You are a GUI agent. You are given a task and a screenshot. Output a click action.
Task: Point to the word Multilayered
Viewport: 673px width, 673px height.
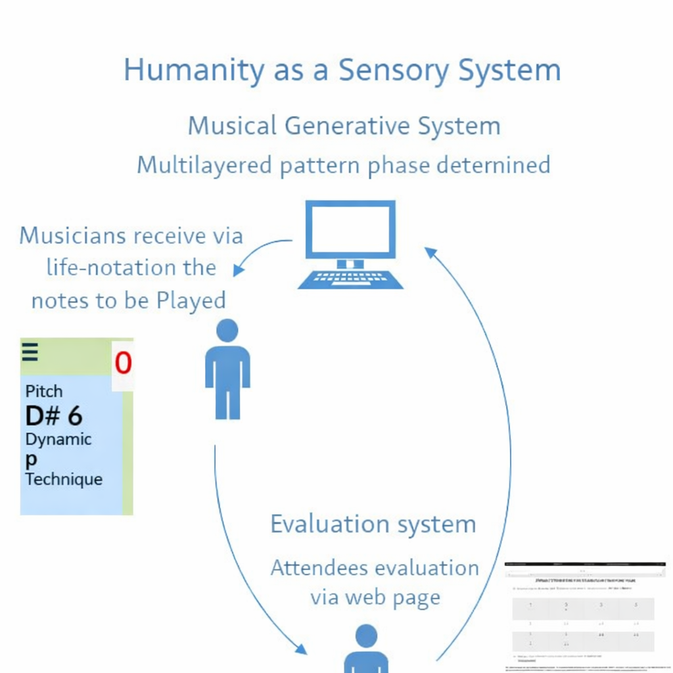click(x=204, y=164)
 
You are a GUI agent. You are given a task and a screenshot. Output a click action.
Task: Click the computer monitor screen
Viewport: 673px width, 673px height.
click(x=351, y=229)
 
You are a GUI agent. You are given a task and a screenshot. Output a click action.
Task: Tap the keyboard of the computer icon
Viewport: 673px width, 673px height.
click(x=350, y=279)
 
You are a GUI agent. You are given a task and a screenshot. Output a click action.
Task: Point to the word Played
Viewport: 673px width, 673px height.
click(x=191, y=300)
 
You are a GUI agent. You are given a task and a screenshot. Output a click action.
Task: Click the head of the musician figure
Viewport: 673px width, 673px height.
click(x=227, y=331)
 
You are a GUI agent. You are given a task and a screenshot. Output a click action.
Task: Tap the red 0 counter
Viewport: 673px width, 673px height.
click(x=123, y=363)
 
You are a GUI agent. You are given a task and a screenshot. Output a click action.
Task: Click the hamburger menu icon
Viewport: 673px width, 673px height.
click(x=30, y=352)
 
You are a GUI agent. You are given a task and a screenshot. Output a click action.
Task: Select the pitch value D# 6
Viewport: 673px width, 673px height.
click(x=54, y=416)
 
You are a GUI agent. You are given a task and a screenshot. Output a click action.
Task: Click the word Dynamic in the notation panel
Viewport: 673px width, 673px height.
click(x=58, y=439)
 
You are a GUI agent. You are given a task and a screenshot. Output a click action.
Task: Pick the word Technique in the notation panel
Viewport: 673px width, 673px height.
click(x=64, y=479)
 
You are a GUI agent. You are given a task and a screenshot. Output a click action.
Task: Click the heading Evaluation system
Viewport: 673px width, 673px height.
click(x=373, y=524)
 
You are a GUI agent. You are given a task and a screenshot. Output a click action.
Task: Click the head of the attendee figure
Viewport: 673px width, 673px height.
click(x=366, y=636)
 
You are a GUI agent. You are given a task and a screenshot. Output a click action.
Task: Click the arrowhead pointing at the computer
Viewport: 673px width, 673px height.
click(x=430, y=252)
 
